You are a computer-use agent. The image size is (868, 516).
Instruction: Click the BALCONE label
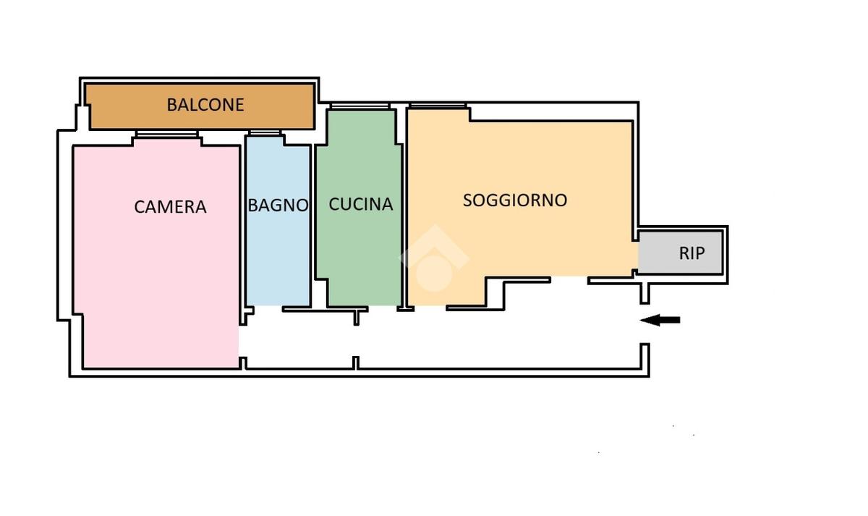click(x=205, y=105)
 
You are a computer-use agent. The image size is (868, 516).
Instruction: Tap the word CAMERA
click(x=170, y=207)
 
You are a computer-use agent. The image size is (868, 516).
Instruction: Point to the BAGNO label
click(x=278, y=206)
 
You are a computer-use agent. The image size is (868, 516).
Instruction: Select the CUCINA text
click(x=361, y=204)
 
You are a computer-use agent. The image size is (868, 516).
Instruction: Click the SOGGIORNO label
click(x=515, y=200)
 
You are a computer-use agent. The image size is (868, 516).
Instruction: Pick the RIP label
click(x=692, y=253)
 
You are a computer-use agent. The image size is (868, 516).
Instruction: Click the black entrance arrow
click(x=660, y=320)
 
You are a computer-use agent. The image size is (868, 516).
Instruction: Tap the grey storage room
click(x=680, y=253)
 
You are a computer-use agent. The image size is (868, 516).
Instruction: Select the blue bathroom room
click(x=278, y=221)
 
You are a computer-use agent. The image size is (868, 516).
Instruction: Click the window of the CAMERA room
click(x=167, y=134)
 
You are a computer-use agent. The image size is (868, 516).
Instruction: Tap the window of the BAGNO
click(x=265, y=133)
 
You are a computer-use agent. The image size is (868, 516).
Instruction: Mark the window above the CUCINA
click(x=360, y=106)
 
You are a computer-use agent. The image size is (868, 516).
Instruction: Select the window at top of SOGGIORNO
click(x=438, y=106)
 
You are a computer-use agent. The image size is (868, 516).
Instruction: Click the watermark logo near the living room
click(x=435, y=258)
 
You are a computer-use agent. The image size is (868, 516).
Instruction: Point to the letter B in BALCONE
click(x=171, y=105)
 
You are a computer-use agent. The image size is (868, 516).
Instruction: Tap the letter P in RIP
click(x=700, y=253)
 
